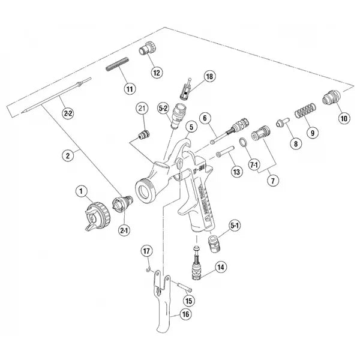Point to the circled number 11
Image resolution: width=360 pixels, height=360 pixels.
(x=129, y=88)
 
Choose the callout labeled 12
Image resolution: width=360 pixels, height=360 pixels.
(x=157, y=73)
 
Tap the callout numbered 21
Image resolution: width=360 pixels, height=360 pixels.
(x=142, y=108)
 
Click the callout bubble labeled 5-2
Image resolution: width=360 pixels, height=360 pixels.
(x=163, y=108)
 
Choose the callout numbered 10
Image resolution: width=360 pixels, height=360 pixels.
(x=343, y=118)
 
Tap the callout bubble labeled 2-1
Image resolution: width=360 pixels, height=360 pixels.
(x=125, y=230)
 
